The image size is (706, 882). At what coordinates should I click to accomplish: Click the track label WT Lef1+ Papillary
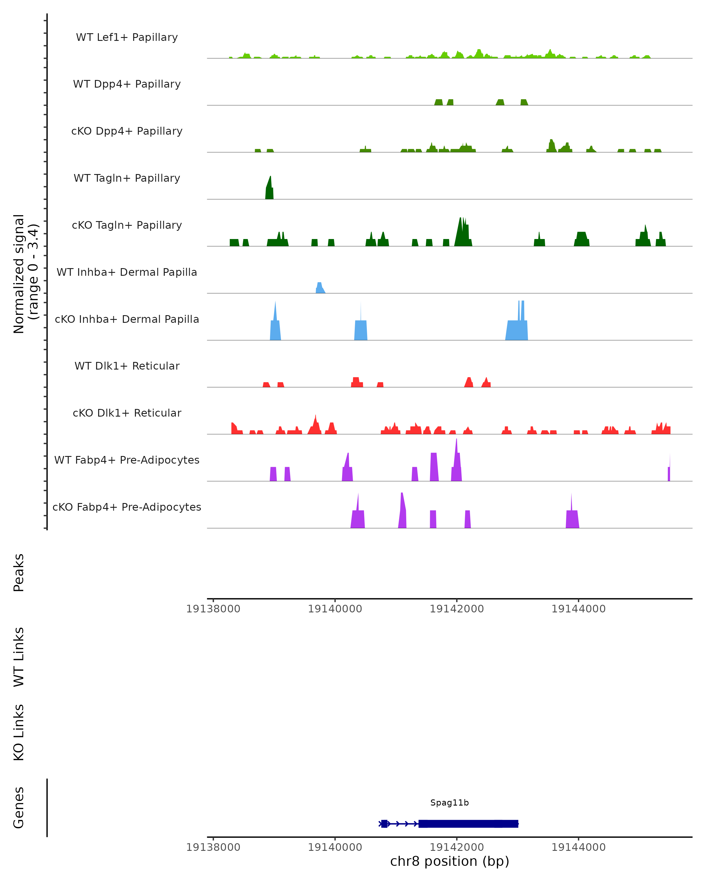click(x=127, y=37)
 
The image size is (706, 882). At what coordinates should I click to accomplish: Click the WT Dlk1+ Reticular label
click(x=127, y=366)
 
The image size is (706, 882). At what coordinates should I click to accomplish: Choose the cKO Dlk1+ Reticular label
click(x=127, y=413)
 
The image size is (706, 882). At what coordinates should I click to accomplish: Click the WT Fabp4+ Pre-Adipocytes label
click(x=127, y=460)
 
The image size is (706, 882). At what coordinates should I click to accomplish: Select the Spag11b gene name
click(x=449, y=803)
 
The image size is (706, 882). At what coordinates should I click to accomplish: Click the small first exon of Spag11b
click(x=384, y=823)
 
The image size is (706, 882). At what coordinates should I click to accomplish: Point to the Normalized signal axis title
click(x=25, y=274)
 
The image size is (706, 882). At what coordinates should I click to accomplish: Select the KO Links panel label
click(x=19, y=732)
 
